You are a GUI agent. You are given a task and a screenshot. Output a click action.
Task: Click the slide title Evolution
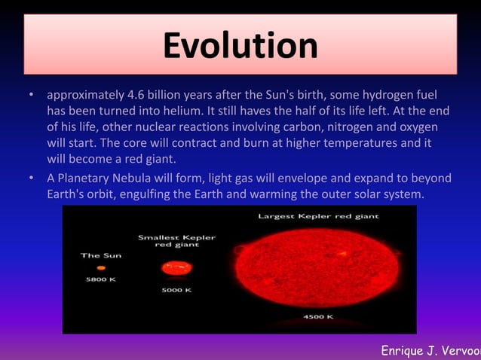[x=240, y=44]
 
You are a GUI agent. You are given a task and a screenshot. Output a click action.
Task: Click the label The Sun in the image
[x=100, y=256]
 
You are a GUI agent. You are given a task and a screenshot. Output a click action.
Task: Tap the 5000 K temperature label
[x=176, y=289]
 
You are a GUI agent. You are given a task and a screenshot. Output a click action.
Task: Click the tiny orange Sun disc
[x=100, y=267]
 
